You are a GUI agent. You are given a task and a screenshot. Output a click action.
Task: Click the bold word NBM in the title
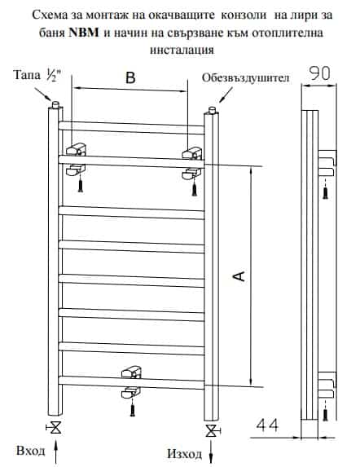pos(84,32)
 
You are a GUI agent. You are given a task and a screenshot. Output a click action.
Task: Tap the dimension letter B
pos(130,77)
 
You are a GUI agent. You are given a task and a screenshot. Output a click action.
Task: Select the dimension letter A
pos(239,276)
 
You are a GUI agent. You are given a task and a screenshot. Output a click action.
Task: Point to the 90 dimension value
pos(320,73)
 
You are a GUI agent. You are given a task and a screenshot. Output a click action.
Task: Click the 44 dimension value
pos(267,425)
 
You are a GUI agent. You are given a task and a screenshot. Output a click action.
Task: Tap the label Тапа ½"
pos(38,75)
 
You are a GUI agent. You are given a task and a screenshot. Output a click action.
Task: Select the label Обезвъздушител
pos(245,78)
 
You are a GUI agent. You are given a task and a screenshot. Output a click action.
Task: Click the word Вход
pos(31,451)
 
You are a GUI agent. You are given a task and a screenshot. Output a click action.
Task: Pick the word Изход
pos(184,454)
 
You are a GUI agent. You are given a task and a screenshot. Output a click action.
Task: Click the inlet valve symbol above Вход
pos(55,428)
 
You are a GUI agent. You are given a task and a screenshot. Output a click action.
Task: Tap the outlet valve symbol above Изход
pos(212,431)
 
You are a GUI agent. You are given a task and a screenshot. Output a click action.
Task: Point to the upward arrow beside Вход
pos(55,452)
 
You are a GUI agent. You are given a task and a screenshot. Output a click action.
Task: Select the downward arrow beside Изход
pos(211,452)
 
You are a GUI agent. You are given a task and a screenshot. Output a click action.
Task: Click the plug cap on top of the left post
pos(55,104)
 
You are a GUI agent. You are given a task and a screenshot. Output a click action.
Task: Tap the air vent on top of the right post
pos(212,110)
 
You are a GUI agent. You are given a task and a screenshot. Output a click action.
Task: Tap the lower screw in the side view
pos(326,414)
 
